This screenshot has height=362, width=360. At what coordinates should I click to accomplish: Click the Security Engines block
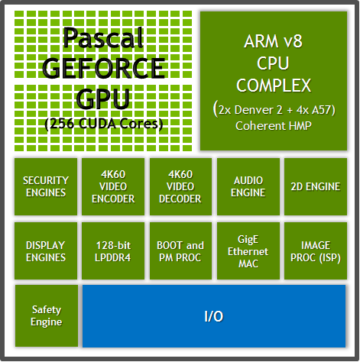[x=46, y=187]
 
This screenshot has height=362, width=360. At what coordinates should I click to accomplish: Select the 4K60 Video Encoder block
[x=113, y=187]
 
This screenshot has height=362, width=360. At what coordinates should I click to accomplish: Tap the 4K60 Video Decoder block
[x=180, y=187]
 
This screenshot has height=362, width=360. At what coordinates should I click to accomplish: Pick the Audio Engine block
[x=248, y=187]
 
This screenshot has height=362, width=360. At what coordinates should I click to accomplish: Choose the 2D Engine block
[x=315, y=187]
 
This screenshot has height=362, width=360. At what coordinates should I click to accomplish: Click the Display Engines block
[x=46, y=251]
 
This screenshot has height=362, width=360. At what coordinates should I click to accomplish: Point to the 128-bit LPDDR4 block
[x=113, y=251]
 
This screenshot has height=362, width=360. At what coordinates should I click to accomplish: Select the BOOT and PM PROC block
[x=180, y=251]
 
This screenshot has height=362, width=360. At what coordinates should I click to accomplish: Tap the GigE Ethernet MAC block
[x=248, y=251]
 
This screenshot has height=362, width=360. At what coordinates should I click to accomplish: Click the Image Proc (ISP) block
[x=315, y=251]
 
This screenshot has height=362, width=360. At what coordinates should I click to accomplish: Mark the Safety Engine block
[x=46, y=316]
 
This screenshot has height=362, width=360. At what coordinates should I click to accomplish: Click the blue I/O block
[x=213, y=316]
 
